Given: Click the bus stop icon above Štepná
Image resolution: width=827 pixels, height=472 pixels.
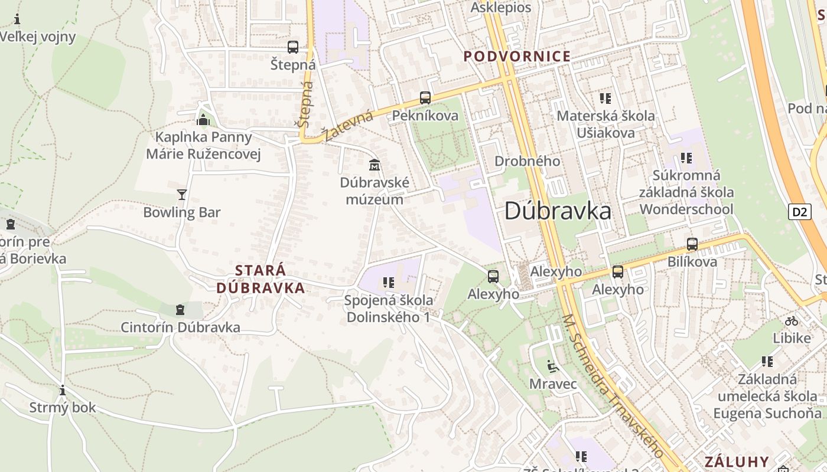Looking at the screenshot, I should [292, 47].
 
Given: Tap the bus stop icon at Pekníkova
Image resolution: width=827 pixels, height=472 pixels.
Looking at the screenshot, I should [425, 98].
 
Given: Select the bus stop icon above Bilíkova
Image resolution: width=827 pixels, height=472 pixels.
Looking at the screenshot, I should [692, 244].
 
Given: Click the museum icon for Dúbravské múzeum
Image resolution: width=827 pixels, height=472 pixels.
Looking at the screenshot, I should [374, 165].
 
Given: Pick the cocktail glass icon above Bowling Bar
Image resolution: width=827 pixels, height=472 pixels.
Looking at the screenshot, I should [181, 194].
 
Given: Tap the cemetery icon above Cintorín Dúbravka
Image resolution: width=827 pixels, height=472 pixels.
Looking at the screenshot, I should [180, 310].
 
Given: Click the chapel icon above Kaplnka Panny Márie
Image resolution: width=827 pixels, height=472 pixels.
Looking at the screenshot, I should [203, 120].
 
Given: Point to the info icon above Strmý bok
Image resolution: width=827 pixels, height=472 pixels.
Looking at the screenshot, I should [62, 390].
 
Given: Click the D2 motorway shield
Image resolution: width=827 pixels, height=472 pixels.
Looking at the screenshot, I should [799, 212].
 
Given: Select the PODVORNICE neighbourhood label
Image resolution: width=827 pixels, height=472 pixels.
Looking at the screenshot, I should [517, 57].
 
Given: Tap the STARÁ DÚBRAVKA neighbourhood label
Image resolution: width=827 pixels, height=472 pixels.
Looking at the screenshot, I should [261, 279].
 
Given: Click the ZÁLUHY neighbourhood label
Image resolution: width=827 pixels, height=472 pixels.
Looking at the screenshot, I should [736, 461].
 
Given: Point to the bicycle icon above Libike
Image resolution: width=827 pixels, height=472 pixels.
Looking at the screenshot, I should [792, 321].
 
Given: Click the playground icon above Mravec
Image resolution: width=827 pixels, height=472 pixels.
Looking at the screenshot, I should [552, 366].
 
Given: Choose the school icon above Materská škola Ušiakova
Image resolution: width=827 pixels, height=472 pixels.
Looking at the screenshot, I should [605, 98].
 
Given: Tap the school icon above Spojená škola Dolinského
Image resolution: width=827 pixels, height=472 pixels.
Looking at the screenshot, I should [388, 283].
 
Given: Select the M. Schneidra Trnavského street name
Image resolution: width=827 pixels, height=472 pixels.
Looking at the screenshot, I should [611, 386].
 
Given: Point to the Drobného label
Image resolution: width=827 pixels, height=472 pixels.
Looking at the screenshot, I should [527, 161].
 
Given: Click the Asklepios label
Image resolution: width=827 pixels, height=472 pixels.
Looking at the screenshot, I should [501, 8].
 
